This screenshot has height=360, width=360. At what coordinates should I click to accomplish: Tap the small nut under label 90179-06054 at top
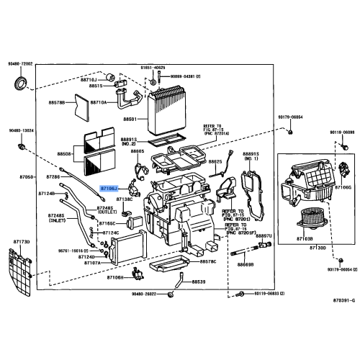[x=288, y=132]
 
